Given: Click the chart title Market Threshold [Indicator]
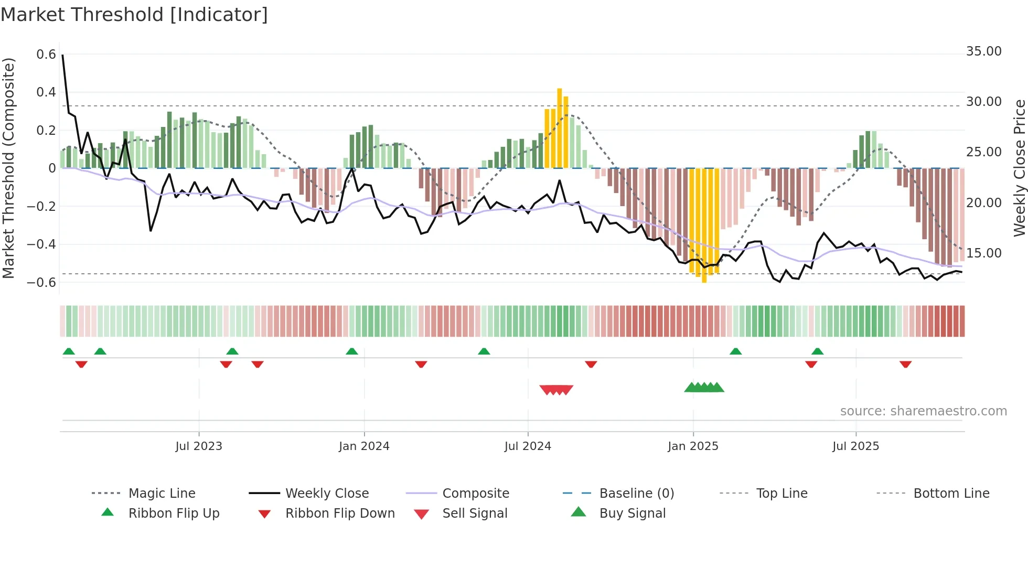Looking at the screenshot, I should click(134, 15).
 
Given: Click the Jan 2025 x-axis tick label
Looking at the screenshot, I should click(693, 446).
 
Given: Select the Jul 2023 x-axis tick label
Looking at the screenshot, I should click(199, 446).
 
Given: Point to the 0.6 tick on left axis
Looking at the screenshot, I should click(46, 55).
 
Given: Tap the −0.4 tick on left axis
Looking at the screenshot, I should click(41, 244).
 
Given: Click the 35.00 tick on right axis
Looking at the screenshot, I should click(983, 51).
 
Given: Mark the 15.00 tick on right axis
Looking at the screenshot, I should click(983, 253).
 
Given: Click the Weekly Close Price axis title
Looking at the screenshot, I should click(1019, 168).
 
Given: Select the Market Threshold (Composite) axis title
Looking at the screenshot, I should click(8, 168).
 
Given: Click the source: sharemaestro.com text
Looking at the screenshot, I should click(923, 411).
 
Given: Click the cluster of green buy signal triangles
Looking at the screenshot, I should click(704, 388).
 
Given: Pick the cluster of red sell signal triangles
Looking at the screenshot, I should click(556, 390).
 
